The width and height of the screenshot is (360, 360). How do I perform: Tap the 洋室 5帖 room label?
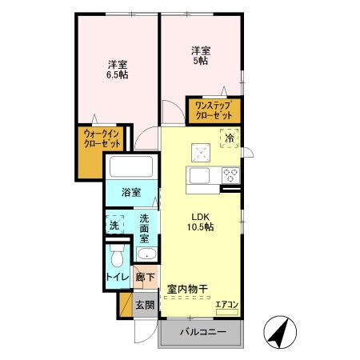coord(199,54)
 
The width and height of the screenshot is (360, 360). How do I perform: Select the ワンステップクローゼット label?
coord(214,109)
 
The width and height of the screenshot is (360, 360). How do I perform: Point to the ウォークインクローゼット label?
coord(102,141)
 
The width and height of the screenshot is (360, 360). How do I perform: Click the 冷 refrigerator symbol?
coord(230,138)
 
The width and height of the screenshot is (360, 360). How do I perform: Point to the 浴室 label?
coord(130,194)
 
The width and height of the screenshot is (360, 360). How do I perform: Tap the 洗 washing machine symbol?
coord(114,226)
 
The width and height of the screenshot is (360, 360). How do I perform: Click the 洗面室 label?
coord(144,227)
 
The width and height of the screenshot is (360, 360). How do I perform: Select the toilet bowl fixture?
coord(117,255)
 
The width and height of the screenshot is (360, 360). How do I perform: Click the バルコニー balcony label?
coord(202,332)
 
